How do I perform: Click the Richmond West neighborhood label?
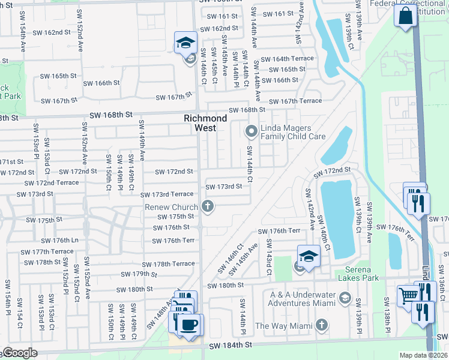tap(205, 123)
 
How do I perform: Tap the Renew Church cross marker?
tap(208, 207)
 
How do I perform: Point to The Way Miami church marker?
tap(322, 325)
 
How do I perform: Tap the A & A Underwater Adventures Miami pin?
tap(345, 298)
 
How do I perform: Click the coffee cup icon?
tap(190, 325)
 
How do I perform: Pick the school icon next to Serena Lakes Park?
tap(307, 256)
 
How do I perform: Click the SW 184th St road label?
tap(230, 346)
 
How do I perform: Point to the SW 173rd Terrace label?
tap(167, 195)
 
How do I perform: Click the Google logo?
tap(19, 353)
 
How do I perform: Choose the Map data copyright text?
tap(423, 355)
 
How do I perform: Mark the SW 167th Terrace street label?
tap(295, 101)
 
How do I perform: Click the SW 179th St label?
tap(139, 274)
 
